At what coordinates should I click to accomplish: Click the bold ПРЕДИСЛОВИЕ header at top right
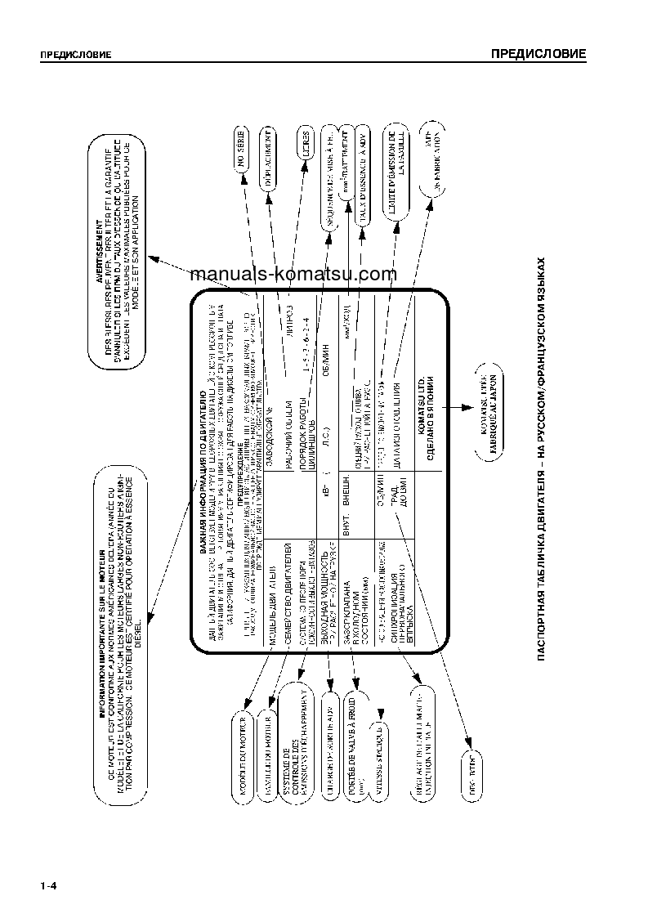(x=538, y=54)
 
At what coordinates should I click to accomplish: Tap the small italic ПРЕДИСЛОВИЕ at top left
(x=75, y=56)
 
